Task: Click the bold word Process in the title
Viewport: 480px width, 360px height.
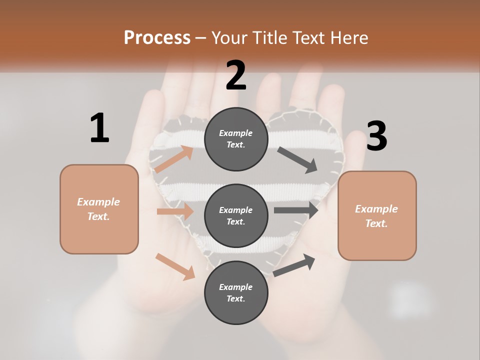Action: coord(157,38)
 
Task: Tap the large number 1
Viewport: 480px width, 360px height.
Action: coord(99,128)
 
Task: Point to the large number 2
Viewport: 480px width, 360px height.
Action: coord(236,75)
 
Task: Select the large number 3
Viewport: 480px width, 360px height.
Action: coord(376,136)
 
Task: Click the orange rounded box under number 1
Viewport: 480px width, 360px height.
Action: coord(99,209)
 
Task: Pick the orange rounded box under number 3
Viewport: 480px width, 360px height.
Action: coord(377,216)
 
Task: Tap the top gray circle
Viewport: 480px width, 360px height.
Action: coord(236,139)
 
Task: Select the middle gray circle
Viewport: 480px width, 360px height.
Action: coord(236,216)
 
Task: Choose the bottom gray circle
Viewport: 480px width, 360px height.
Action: coord(236,293)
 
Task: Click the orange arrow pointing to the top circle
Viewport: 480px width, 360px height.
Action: coord(174,159)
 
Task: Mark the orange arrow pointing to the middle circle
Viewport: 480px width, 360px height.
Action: coord(175,211)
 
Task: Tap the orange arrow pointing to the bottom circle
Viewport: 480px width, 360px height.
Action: coord(175,266)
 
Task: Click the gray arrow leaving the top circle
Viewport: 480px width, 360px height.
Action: coord(298,160)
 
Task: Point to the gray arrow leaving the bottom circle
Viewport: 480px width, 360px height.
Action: coord(294,265)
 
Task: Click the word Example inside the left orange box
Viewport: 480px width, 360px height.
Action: coord(98,202)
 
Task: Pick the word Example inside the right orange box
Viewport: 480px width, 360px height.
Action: coord(376,209)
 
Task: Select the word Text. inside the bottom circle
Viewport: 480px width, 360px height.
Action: coord(236,299)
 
